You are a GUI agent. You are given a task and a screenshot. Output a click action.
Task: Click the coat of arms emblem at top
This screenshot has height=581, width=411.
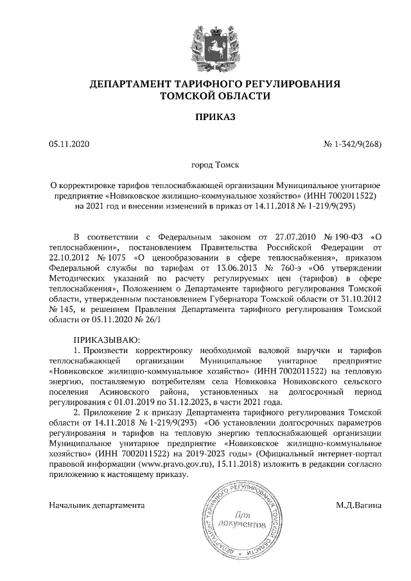coord(205,40)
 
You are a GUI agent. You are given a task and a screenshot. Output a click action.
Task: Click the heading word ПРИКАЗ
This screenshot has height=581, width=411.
coord(205,117)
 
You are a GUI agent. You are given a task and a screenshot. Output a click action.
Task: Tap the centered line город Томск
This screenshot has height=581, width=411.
coord(205,164)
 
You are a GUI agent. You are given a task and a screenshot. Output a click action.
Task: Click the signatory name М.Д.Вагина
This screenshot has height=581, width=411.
coord(358,505)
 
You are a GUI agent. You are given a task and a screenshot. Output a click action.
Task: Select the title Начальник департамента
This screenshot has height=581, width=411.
coord(97,505)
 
